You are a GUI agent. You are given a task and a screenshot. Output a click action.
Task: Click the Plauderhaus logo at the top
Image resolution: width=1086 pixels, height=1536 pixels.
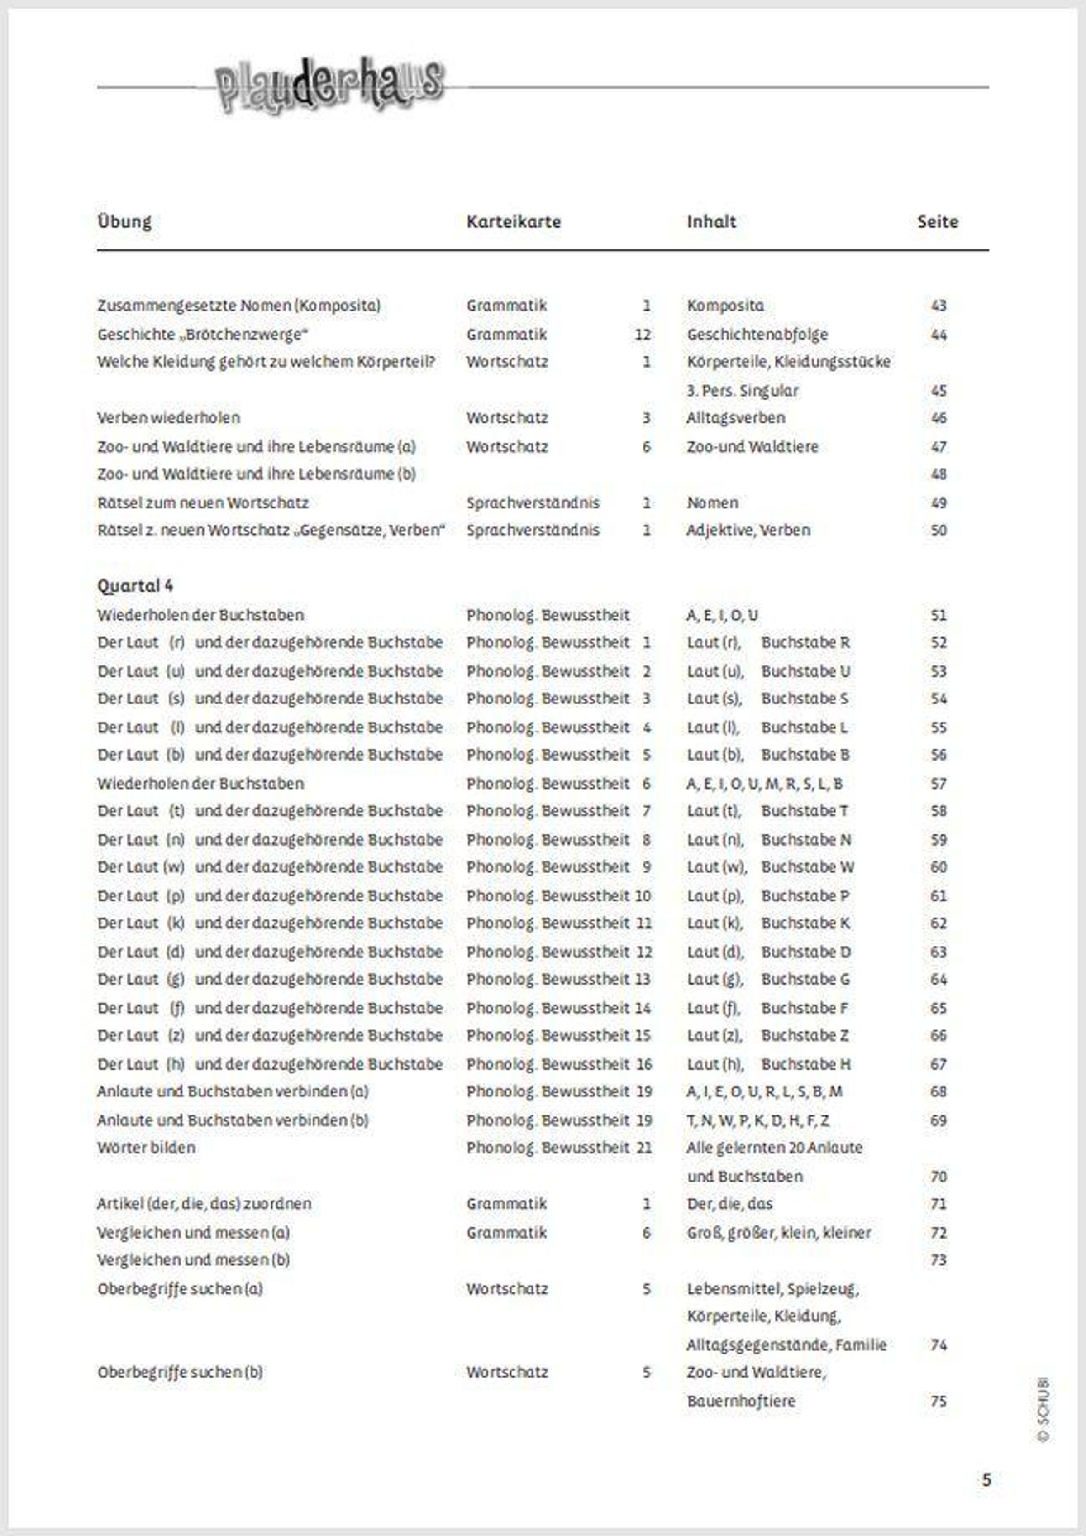(x=329, y=85)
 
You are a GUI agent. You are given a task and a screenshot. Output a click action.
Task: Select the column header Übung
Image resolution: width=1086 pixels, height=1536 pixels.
(x=124, y=221)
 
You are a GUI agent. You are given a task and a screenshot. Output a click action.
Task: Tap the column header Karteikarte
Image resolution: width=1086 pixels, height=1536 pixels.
(x=514, y=221)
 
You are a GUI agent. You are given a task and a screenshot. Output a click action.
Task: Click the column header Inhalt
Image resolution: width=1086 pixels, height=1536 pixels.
(x=711, y=221)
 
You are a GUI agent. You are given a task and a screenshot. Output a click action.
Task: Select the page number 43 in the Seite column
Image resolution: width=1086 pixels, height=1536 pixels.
(x=938, y=306)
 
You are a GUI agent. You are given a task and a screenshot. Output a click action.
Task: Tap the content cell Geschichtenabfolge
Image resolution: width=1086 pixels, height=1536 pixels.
(x=757, y=334)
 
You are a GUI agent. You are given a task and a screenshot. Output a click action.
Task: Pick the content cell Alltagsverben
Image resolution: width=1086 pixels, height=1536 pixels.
(x=736, y=417)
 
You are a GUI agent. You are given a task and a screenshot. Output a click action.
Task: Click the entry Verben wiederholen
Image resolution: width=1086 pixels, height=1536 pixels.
(x=168, y=417)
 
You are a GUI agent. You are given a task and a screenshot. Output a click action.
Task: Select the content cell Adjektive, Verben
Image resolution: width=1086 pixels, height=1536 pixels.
(x=748, y=530)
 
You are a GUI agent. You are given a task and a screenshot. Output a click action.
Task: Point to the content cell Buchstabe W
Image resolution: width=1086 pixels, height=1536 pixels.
(x=807, y=866)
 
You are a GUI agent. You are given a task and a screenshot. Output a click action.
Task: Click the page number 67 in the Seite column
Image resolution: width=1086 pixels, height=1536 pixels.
(x=938, y=1064)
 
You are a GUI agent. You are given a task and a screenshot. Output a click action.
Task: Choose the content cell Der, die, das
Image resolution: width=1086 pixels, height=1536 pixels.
(x=729, y=1204)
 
